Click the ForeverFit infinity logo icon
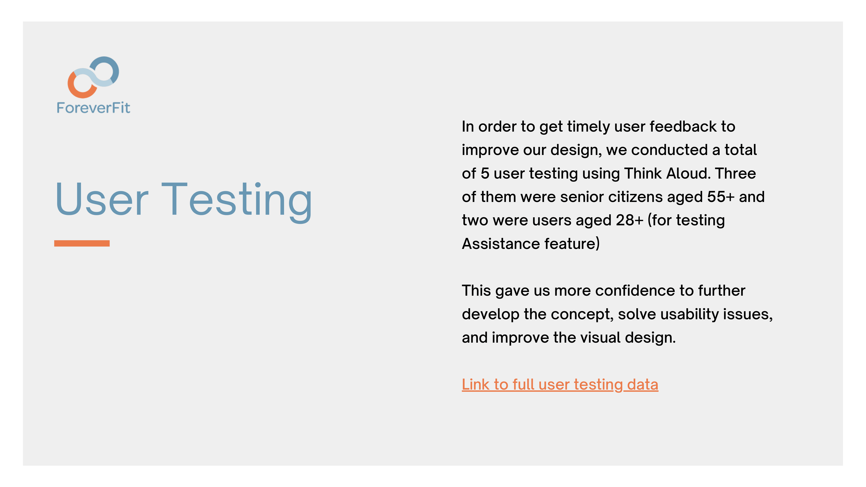[x=94, y=77]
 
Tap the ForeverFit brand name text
[x=94, y=108]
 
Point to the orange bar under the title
[x=82, y=243]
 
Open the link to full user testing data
[x=560, y=384]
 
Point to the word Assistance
[x=501, y=244]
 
